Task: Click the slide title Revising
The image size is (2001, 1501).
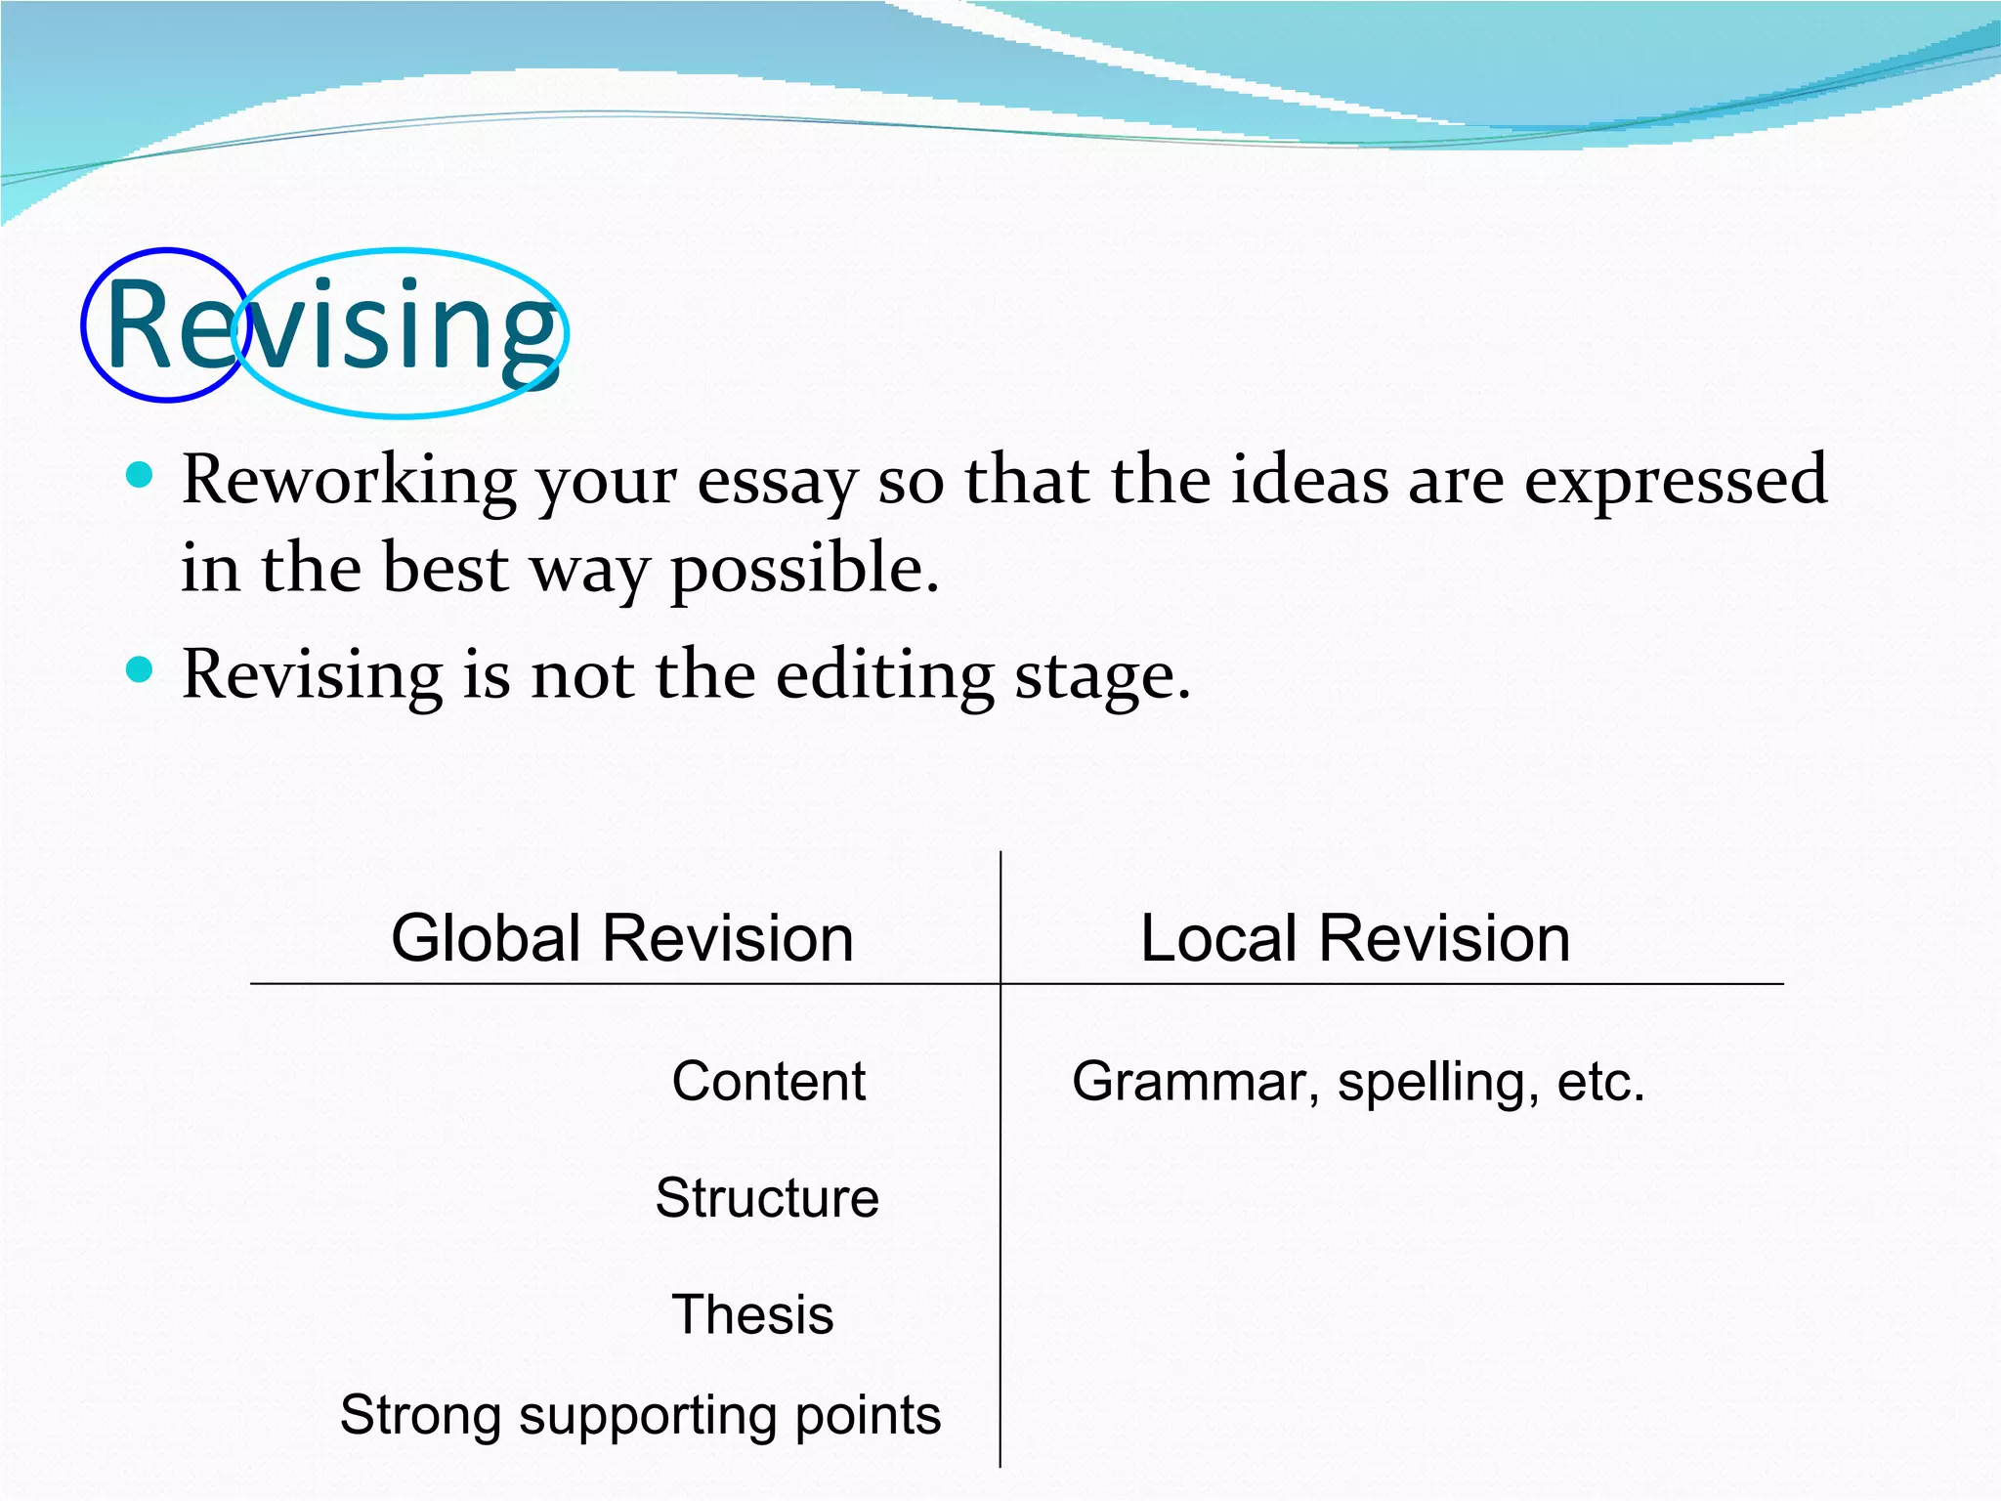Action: click(x=332, y=326)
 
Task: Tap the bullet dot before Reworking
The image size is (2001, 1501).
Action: click(x=141, y=476)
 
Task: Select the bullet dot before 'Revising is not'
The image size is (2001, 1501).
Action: click(x=141, y=670)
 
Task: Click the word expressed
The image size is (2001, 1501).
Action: click(x=1675, y=481)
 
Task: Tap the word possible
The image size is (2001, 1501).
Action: click(x=803, y=570)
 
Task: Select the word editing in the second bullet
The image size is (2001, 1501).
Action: click(x=884, y=676)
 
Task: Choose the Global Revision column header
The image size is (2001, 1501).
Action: click(x=622, y=938)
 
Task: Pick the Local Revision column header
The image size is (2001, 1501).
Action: click(x=1354, y=938)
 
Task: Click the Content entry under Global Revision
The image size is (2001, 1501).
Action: click(x=768, y=1082)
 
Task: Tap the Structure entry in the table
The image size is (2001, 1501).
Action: click(x=767, y=1198)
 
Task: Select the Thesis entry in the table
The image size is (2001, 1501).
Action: click(x=752, y=1314)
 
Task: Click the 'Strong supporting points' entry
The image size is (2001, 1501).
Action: click(x=640, y=1415)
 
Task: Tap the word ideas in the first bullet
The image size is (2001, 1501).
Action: click(x=1308, y=480)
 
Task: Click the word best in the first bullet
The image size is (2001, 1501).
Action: click(x=446, y=568)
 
